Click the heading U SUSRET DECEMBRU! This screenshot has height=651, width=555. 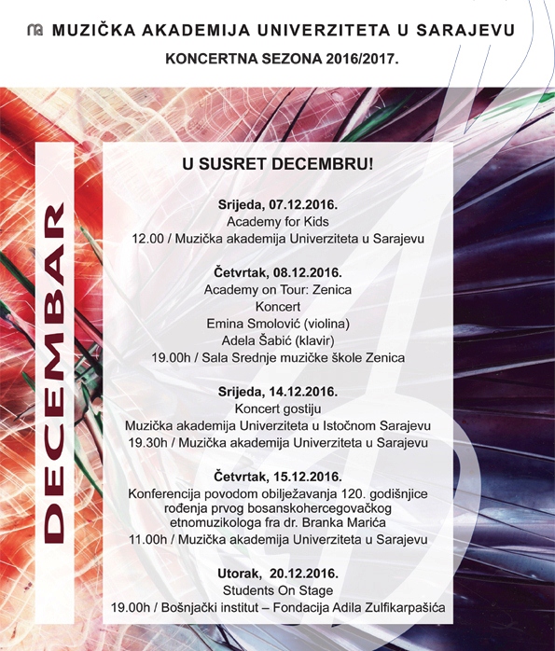point(278,164)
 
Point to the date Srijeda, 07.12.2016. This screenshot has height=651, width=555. point(278,204)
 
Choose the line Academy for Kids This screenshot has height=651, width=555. point(278,222)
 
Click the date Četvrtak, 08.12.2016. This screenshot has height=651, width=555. point(278,272)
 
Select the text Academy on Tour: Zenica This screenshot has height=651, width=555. point(278,289)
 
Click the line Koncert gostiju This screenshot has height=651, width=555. point(278,409)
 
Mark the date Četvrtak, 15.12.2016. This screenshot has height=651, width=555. point(278,476)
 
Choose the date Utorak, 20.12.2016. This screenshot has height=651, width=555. point(278,573)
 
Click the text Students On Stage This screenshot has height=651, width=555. point(278,590)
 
